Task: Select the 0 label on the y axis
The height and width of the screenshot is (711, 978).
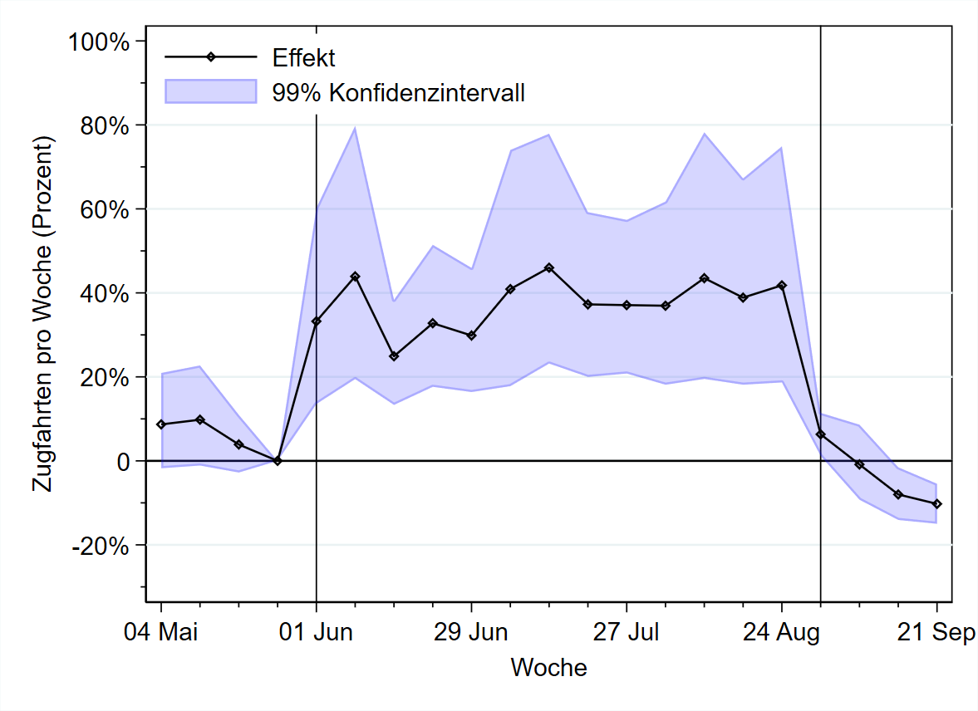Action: pyautogui.click(x=123, y=461)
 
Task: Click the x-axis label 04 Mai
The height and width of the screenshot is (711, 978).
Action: pyautogui.click(x=161, y=633)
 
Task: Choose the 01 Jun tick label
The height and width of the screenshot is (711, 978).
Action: pyautogui.click(x=317, y=633)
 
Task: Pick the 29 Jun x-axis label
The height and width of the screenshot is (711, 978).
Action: pyautogui.click(x=472, y=633)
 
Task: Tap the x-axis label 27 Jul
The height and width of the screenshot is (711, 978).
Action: pyautogui.click(x=627, y=633)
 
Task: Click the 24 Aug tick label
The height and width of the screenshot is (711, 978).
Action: pyautogui.click(x=782, y=633)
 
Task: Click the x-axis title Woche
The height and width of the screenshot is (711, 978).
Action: pyautogui.click(x=548, y=667)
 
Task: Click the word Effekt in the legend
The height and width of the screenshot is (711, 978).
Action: pyautogui.click(x=303, y=57)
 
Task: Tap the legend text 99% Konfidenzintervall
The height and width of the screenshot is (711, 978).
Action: pyautogui.click(x=398, y=91)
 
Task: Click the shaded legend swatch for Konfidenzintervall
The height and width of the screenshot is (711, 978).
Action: pyautogui.click(x=210, y=91)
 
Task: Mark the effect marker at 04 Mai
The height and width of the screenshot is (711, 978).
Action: pyautogui.click(x=161, y=424)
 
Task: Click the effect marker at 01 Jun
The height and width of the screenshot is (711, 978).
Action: pyautogui.click(x=317, y=321)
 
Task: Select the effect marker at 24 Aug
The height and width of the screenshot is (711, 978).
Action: pyautogui.click(x=782, y=285)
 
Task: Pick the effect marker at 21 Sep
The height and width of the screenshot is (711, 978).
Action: pyautogui.click(x=936, y=504)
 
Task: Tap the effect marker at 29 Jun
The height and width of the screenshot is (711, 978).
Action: pyautogui.click(x=472, y=336)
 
